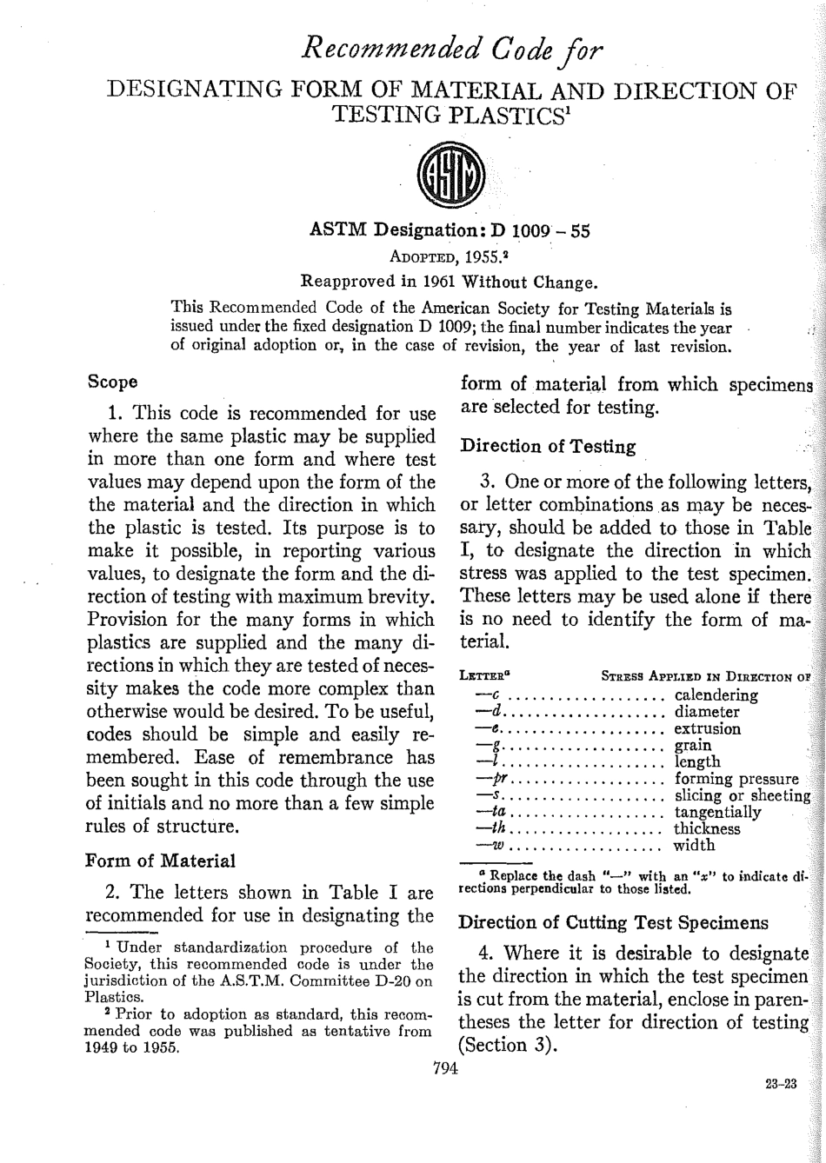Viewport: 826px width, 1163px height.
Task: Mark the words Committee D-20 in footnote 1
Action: (364, 983)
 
